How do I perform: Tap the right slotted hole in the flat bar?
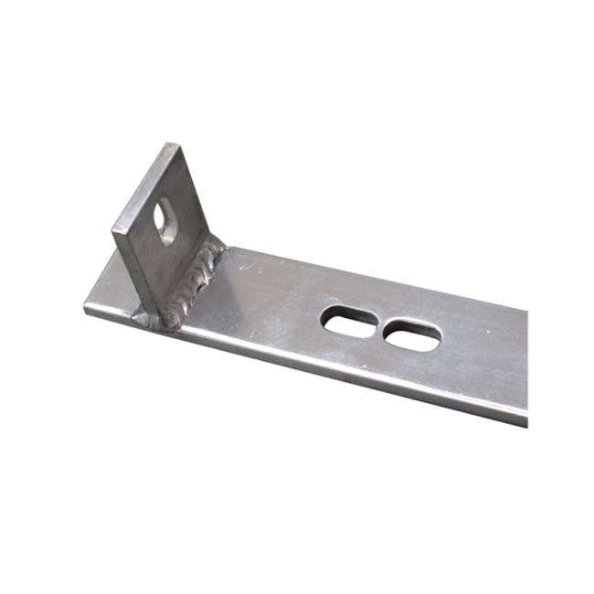tap(411, 335)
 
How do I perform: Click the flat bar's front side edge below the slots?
tap(366, 376)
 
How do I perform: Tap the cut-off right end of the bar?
tap(527, 366)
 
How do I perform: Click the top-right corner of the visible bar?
tap(528, 310)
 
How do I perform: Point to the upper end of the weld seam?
tap(219, 243)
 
